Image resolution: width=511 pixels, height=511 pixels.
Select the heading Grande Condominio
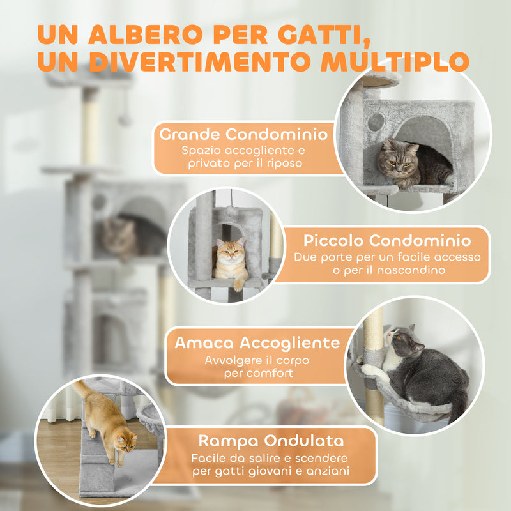[244, 135]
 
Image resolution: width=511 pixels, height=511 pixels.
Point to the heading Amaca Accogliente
[258, 342]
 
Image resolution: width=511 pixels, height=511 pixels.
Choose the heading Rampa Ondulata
[271, 440]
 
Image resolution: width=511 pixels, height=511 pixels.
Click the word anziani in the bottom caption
[330, 471]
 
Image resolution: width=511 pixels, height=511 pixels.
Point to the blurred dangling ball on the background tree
[125, 119]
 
